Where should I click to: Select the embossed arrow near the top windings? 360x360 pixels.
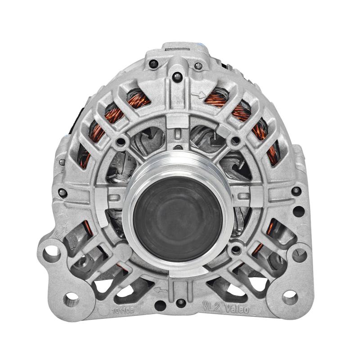pos(196,95)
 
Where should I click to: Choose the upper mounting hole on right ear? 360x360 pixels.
pos(299,255)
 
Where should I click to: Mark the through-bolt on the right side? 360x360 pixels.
pos(296,191)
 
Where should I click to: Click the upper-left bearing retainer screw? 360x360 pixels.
pos(121,143)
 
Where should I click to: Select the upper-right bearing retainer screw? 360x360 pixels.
pos(234,141)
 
